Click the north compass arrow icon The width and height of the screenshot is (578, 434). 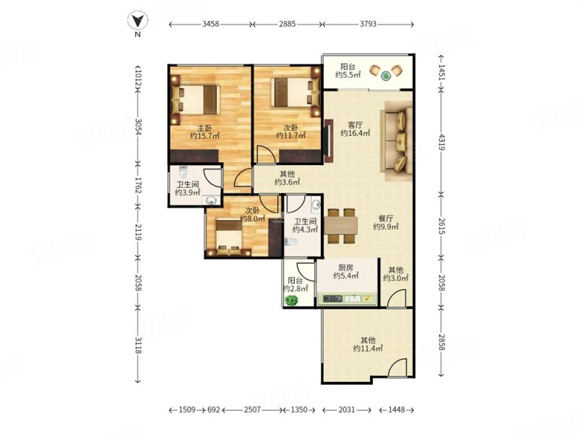(138, 21)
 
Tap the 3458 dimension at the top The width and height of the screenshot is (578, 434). (210, 24)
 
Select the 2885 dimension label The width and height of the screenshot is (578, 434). (287, 24)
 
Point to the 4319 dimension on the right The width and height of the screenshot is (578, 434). (442, 142)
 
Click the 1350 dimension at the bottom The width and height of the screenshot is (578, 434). (299, 409)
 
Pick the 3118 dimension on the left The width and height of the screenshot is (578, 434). (138, 345)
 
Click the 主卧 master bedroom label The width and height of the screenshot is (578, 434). (204, 128)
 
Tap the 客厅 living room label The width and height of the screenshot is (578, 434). (355, 124)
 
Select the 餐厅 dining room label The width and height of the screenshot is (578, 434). (386, 218)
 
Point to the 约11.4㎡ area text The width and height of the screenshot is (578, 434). (368, 349)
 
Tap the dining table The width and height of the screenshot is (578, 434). (341, 226)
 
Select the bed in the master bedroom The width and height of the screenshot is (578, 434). (195, 100)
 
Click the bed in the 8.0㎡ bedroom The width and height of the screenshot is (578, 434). (229, 237)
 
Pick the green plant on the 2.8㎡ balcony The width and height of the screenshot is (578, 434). (292, 300)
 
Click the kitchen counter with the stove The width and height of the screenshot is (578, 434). (347, 299)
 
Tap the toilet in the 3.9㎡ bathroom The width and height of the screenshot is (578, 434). (183, 172)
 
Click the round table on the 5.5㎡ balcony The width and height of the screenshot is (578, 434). (386, 76)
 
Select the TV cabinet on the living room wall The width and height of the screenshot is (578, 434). (329, 141)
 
